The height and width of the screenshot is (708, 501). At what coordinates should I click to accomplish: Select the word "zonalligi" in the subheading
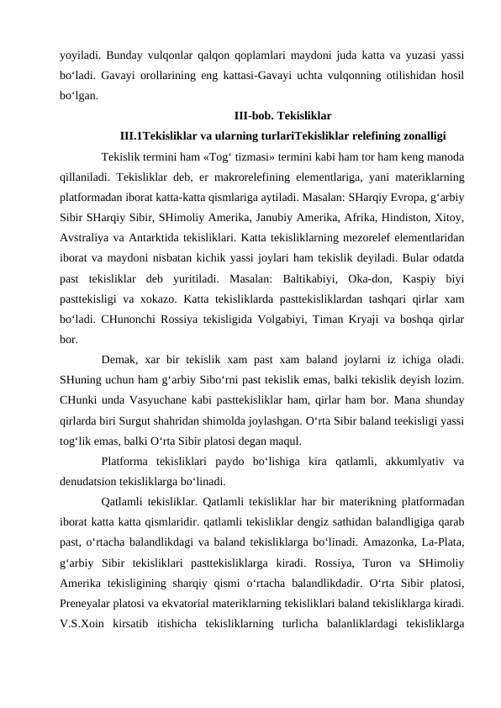click(x=421, y=135)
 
